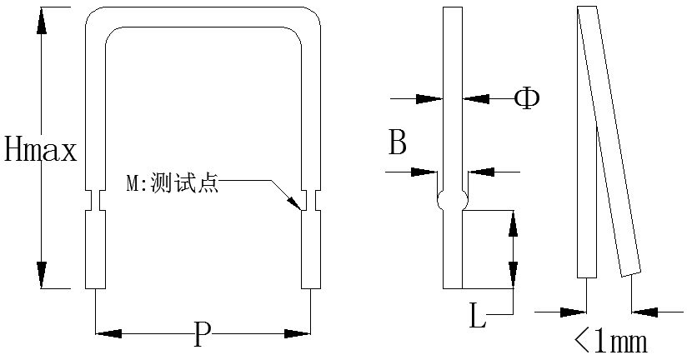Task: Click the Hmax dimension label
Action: point(41,148)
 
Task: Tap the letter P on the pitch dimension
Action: point(202,334)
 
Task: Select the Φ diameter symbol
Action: point(527,98)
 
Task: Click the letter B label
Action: point(397,142)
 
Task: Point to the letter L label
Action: point(477,316)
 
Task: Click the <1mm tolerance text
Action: point(611,341)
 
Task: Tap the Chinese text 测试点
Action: point(184,182)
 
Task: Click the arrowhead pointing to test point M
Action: point(294,202)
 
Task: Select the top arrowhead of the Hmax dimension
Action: point(42,20)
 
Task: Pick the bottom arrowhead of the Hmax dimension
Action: point(42,275)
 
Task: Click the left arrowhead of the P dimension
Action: point(108,333)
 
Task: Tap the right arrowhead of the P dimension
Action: point(298,333)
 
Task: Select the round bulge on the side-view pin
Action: point(453,201)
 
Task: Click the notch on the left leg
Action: point(95,200)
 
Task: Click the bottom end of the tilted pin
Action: point(631,273)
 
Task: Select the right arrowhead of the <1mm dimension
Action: point(645,312)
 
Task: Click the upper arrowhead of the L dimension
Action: point(513,224)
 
